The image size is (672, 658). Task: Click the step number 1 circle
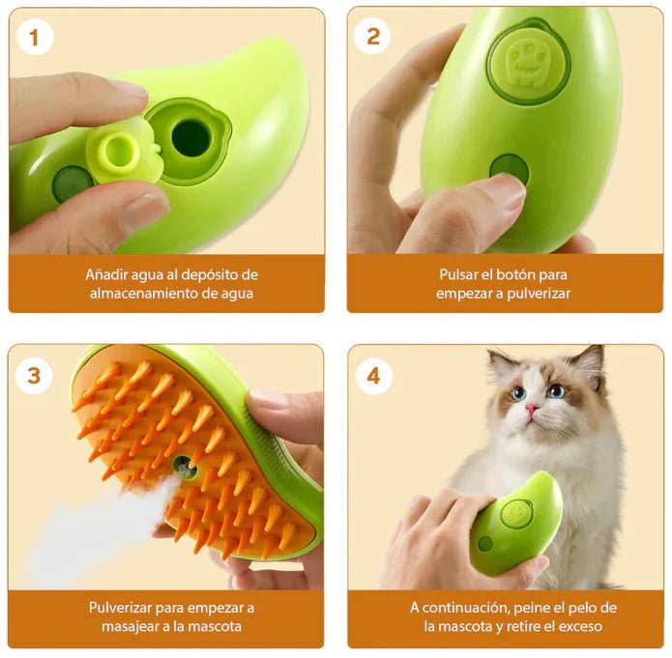click(x=35, y=38)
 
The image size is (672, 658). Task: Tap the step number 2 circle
click(x=372, y=38)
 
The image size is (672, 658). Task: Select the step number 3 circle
click(x=35, y=375)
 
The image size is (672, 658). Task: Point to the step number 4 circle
click(x=373, y=375)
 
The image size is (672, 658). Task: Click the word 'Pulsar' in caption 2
click(x=460, y=274)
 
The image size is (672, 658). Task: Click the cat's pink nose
click(x=532, y=409)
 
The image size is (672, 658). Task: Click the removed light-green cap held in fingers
click(x=120, y=152)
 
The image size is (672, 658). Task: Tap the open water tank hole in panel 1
click(x=190, y=138)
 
